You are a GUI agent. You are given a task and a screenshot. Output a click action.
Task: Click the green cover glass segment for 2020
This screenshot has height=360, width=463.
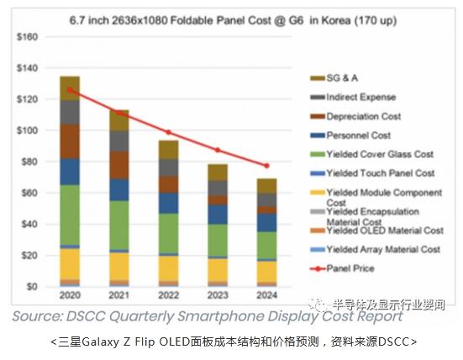[70, 214]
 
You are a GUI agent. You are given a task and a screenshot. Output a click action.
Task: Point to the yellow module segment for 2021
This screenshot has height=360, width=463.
[120, 266]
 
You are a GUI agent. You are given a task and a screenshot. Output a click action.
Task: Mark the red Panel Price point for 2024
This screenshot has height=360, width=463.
[268, 166]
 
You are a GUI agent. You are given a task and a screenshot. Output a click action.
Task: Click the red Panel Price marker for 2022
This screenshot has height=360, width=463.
[170, 132]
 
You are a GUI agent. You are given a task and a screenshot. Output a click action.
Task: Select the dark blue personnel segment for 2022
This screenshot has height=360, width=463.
[170, 203]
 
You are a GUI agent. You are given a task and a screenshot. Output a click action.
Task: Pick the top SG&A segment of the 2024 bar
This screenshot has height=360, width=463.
[268, 185]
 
